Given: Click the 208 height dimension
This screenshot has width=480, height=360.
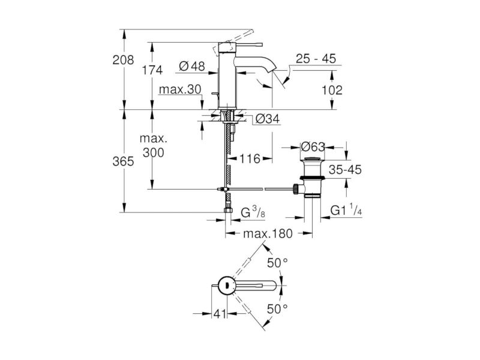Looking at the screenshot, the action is click(x=123, y=59).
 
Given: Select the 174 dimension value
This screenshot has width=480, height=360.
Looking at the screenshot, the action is click(x=152, y=70).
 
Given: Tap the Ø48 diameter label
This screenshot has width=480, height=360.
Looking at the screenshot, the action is click(x=192, y=66).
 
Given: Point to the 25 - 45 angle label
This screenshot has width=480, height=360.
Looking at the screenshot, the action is click(x=316, y=58).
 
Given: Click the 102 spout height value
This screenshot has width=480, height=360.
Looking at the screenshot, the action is click(x=332, y=90).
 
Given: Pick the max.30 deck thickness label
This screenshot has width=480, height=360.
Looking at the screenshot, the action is click(x=180, y=89).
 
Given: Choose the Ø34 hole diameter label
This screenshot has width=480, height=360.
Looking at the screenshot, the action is click(x=267, y=119).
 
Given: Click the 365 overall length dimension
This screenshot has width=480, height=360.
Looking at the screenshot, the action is click(x=123, y=161).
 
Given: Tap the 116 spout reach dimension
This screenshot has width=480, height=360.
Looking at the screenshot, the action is click(x=250, y=158).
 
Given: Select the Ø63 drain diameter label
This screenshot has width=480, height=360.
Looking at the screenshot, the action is click(x=313, y=147).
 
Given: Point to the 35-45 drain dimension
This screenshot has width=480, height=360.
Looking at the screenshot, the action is click(x=346, y=169).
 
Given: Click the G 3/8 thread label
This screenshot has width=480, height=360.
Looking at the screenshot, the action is click(x=253, y=212).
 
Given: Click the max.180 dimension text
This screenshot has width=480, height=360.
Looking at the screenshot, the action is click(x=268, y=233).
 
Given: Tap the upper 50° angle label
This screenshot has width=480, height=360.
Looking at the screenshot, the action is click(x=277, y=263).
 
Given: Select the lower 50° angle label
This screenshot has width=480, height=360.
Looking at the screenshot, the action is click(x=277, y=309).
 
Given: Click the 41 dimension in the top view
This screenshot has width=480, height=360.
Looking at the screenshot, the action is click(x=220, y=313).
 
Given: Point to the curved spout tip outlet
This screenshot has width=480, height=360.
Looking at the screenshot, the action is click(x=271, y=71).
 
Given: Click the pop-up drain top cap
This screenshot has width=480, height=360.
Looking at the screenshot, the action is click(x=313, y=159).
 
